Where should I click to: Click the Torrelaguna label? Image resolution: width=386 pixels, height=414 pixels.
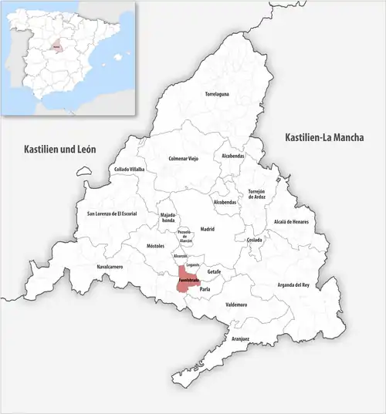pos(217,95)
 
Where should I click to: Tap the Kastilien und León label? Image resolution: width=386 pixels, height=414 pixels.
pos(59,148)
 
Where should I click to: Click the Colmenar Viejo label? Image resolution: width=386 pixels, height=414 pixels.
pos(183,159)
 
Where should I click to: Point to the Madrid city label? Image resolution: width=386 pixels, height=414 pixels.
pos(207,230)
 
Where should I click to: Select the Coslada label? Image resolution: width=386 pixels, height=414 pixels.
pos(255,240)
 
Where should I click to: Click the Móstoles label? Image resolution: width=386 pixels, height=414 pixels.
pos(156,246)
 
